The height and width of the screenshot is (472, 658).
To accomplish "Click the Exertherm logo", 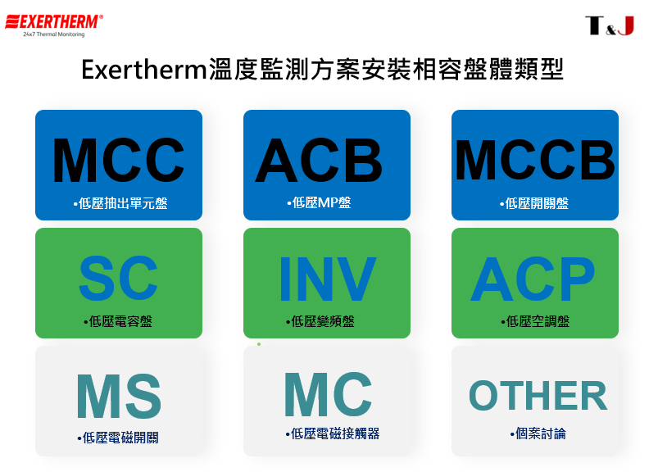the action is click(x=54, y=25).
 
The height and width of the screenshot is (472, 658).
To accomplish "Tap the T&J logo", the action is click(x=610, y=25).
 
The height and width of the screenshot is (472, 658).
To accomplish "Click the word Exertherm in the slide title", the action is click(x=144, y=70).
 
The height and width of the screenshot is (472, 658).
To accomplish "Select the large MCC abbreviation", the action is click(x=118, y=161).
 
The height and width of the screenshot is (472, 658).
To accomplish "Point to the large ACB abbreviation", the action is click(x=319, y=161).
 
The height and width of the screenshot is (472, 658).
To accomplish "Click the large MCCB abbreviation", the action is click(x=535, y=160).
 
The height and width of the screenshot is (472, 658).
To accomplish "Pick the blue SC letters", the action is click(x=118, y=279).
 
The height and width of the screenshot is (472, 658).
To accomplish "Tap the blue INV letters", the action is click(x=327, y=279).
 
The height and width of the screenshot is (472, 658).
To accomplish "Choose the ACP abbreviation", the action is click(x=533, y=279).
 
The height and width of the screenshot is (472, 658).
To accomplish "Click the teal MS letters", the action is click(x=119, y=396).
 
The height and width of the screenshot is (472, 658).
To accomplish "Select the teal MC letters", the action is click(x=328, y=394).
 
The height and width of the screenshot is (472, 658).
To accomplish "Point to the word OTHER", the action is click(x=538, y=395).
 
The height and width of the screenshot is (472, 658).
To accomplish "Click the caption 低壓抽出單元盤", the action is click(x=120, y=203).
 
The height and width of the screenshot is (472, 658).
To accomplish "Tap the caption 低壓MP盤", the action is click(x=319, y=202).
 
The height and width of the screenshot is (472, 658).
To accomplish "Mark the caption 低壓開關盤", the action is click(x=534, y=203).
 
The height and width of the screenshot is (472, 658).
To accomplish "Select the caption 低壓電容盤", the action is click(x=118, y=321).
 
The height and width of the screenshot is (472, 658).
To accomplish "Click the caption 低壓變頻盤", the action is click(x=320, y=321).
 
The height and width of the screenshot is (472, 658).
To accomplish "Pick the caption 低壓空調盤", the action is click(x=535, y=321).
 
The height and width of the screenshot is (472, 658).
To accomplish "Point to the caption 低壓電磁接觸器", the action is click(x=333, y=433).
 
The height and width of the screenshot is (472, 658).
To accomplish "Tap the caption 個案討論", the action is click(x=538, y=433).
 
